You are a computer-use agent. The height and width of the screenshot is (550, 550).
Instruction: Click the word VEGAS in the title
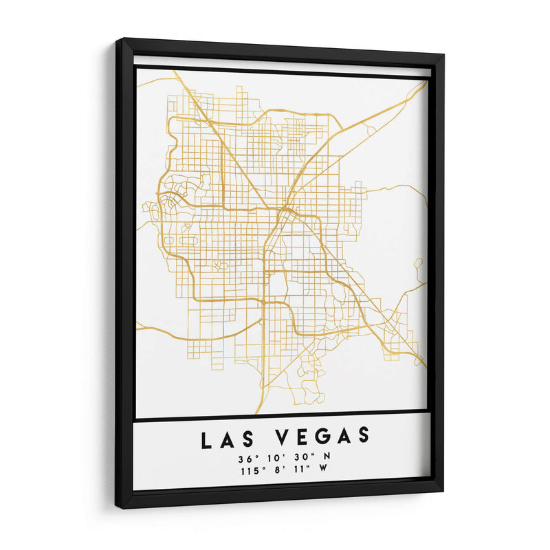pyautogui.click(x=324, y=436)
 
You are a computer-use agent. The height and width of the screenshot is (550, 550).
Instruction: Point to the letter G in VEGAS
pyautogui.click(x=322, y=436)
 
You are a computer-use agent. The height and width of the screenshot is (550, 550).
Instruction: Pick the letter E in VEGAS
pyautogui.click(x=302, y=437)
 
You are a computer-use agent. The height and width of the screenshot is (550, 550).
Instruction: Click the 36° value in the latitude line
pyautogui.click(x=245, y=458)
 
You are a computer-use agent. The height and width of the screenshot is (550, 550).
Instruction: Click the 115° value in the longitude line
pyautogui.click(x=250, y=472)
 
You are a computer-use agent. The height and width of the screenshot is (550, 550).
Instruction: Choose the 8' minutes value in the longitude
pyautogui.click(x=278, y=472)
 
